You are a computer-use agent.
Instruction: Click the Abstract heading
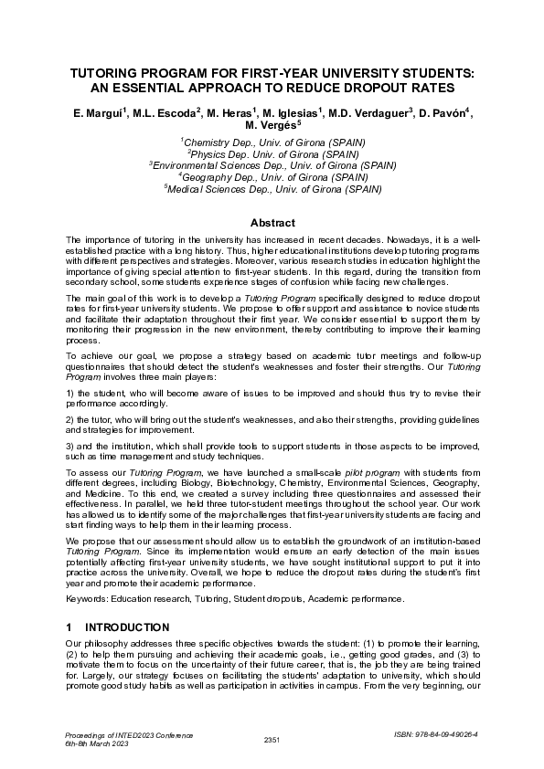click(272, 223)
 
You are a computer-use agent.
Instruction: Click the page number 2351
click(272, 738)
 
